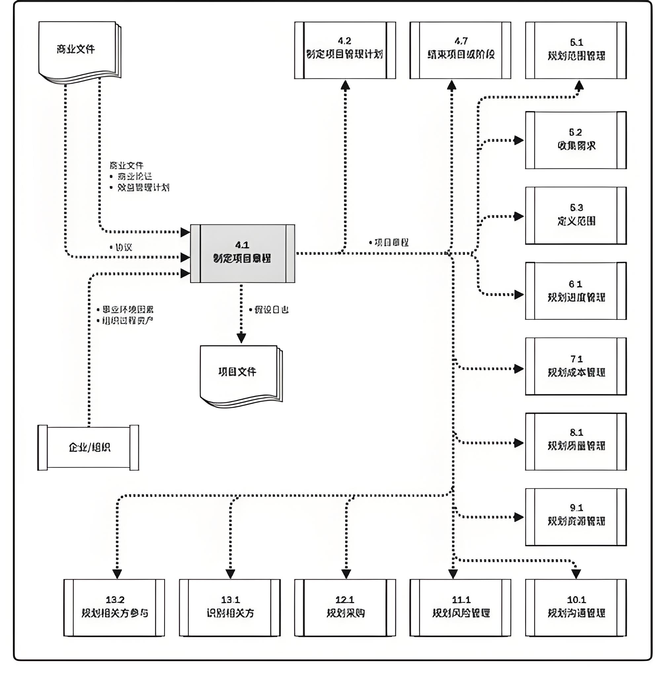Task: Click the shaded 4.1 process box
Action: pyautogui.click(x=242, y=254)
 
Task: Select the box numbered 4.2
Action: pyautogui.click(x=345, y=50)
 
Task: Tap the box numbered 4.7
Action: pyautogui.click(x=460, y=50)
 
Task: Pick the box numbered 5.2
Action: pyautogui.click(x=576, y=140)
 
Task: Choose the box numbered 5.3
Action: pyautogui.click(x=576, y=215)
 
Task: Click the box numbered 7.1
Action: pyautogui.click(x=576, y=366)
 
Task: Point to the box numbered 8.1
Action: pyautogui.click(x=576, y=441)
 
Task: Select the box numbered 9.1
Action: pyautogui.click(x=576, y=517)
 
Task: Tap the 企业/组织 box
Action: pyautogui.click(x=88, y=448)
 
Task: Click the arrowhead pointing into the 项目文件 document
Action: pyautogui.click(x=241, y=338)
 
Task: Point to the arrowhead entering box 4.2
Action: pyautogui.click(x=345, y=85)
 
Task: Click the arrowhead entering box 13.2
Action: pyautogui.click(x=117, y=574)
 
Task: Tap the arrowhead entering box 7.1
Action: pyautogui.click(x=519, y=369)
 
